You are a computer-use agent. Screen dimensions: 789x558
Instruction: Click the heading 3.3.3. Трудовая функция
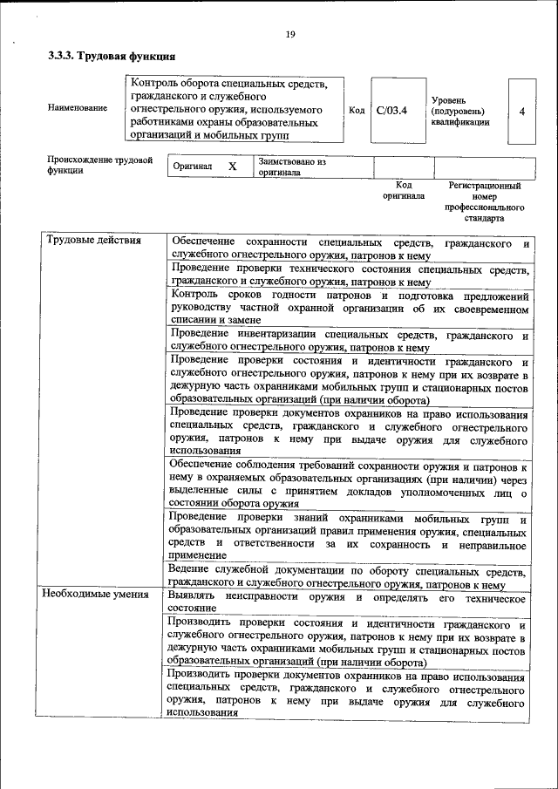point(105,58)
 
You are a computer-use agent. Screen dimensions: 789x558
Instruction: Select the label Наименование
point(78,108)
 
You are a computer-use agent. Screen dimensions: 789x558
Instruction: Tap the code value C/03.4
point(391,111)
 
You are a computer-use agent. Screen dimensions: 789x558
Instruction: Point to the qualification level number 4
point(521,111)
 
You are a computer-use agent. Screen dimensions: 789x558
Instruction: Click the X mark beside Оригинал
point(232,166)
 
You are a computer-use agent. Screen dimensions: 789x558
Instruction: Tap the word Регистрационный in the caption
point(484,186)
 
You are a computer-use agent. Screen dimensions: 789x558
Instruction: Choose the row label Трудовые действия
point(87,241)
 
